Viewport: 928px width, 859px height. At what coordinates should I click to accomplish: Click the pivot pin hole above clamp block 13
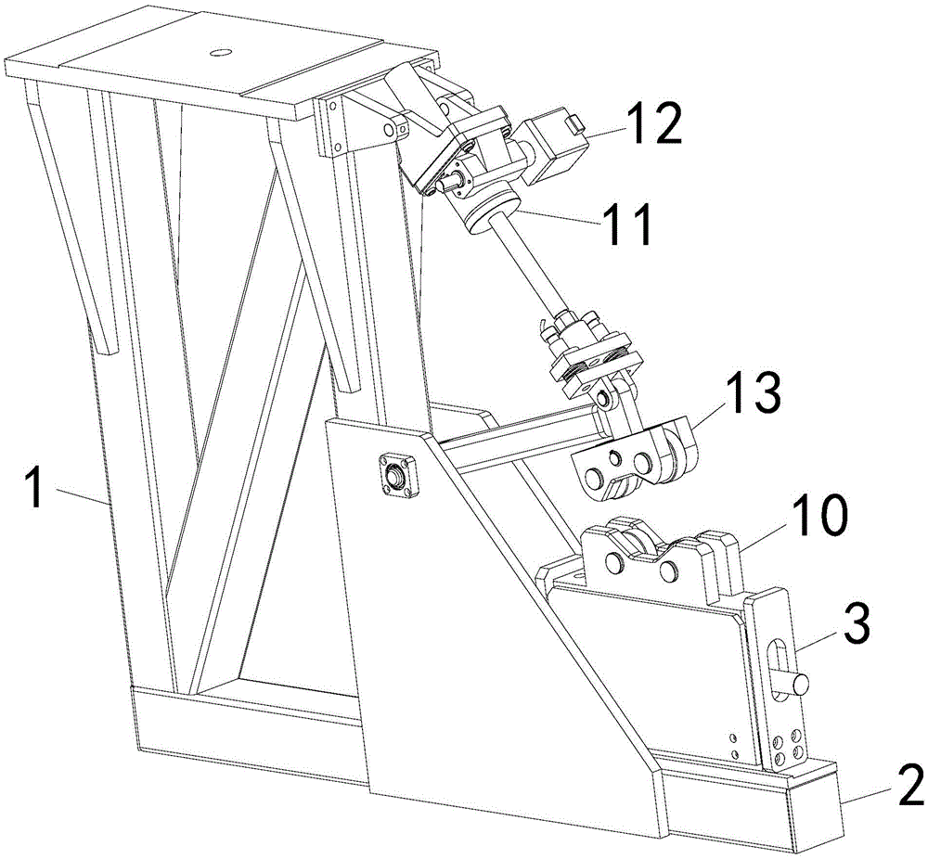click(606, 400)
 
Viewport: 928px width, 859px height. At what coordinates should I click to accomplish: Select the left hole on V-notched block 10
click(613, 562)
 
